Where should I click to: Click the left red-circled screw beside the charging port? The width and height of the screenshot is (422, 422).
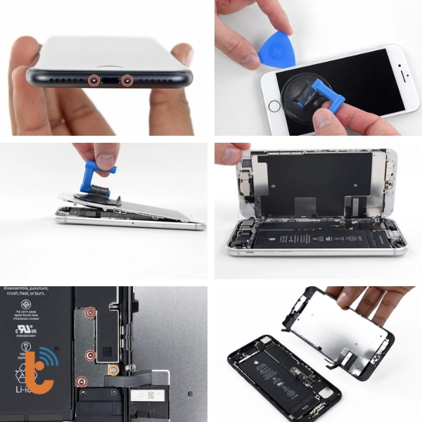coord(92,80)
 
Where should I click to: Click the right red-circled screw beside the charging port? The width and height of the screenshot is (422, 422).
coord(127,80)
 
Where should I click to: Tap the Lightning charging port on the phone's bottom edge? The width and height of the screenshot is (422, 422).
coord(110,82)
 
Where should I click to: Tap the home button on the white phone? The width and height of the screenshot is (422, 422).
coord(274,106)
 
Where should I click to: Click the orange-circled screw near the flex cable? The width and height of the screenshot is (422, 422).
coord(112,369)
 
